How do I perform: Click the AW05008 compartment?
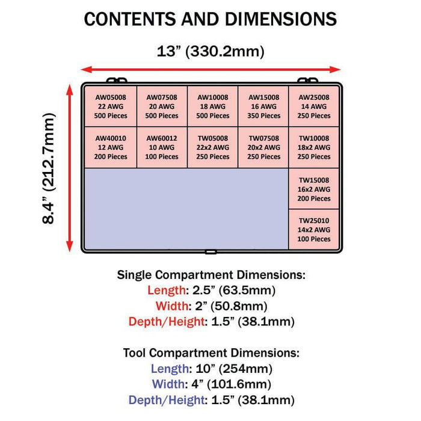[x=111, y=106]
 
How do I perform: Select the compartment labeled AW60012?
[x=162, y=147]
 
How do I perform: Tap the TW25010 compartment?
[x=314, y=230]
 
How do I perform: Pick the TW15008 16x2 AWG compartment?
[x=314, y=189]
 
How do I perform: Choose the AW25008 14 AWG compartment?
[x=314, y=106]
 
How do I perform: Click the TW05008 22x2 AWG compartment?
[x=213, y=147]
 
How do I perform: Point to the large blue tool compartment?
[x=186, y=209]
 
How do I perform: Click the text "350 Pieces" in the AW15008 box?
[x=263, y=115]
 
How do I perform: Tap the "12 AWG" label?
[x=111, y=147]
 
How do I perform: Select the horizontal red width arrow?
[x=210, y=70]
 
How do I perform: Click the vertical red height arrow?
[x=70, y=168]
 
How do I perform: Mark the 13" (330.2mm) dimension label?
[x=210, y=51]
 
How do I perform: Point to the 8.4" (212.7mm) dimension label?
[x=49, y=168]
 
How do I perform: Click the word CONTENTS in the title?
[x=131, y=19]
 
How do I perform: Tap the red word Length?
[x=167, y=290]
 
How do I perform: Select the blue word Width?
[x=168, y=384]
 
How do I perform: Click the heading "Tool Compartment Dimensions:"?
[x=211, y=353]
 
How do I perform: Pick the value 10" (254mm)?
[x=234, y=369]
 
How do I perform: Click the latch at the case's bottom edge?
[x=210, y=252]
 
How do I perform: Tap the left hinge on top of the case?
[x=117, y=80]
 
